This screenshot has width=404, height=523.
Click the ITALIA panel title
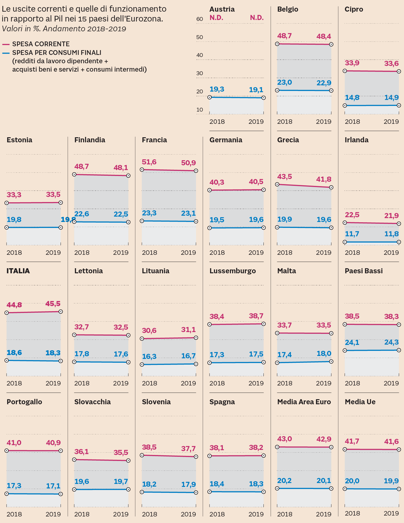[18, 271]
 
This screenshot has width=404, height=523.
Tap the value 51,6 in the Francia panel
[149, 162]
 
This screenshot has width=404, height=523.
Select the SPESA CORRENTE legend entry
[41, 44]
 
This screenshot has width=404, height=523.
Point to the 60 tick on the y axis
[200, 19]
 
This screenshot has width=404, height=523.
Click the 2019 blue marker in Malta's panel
[331, 362]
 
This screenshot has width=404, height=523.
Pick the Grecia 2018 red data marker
[277, 184]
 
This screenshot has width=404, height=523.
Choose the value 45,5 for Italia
[53, 304]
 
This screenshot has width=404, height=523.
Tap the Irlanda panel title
[357, 140]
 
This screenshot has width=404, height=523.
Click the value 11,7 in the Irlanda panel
[352, 234]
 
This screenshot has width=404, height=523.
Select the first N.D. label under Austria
[216, 18]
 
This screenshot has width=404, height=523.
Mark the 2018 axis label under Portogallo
[14, 514]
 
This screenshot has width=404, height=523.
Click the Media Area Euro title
[304, 402]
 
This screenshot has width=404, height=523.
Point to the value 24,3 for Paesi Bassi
[391, 343]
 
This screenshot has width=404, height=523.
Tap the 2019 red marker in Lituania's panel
[196, 338]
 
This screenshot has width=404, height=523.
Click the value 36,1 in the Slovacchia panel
[81, 452]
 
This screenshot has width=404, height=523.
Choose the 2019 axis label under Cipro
[391, 122]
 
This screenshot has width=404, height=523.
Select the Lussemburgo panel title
[233, 271]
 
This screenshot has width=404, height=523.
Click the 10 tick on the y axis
[200, 110]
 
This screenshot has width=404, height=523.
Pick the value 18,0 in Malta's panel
[324, 354]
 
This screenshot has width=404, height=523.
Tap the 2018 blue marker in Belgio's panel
[277, 90]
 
